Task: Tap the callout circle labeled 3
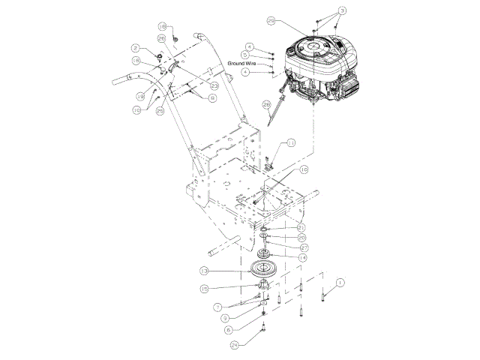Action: pos(343,10)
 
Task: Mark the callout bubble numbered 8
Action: pos(212,97)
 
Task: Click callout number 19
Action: pos(141,96)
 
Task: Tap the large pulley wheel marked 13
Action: pos(261,271)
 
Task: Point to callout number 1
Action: pos(340,283)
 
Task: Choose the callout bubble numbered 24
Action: pos(235,344)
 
